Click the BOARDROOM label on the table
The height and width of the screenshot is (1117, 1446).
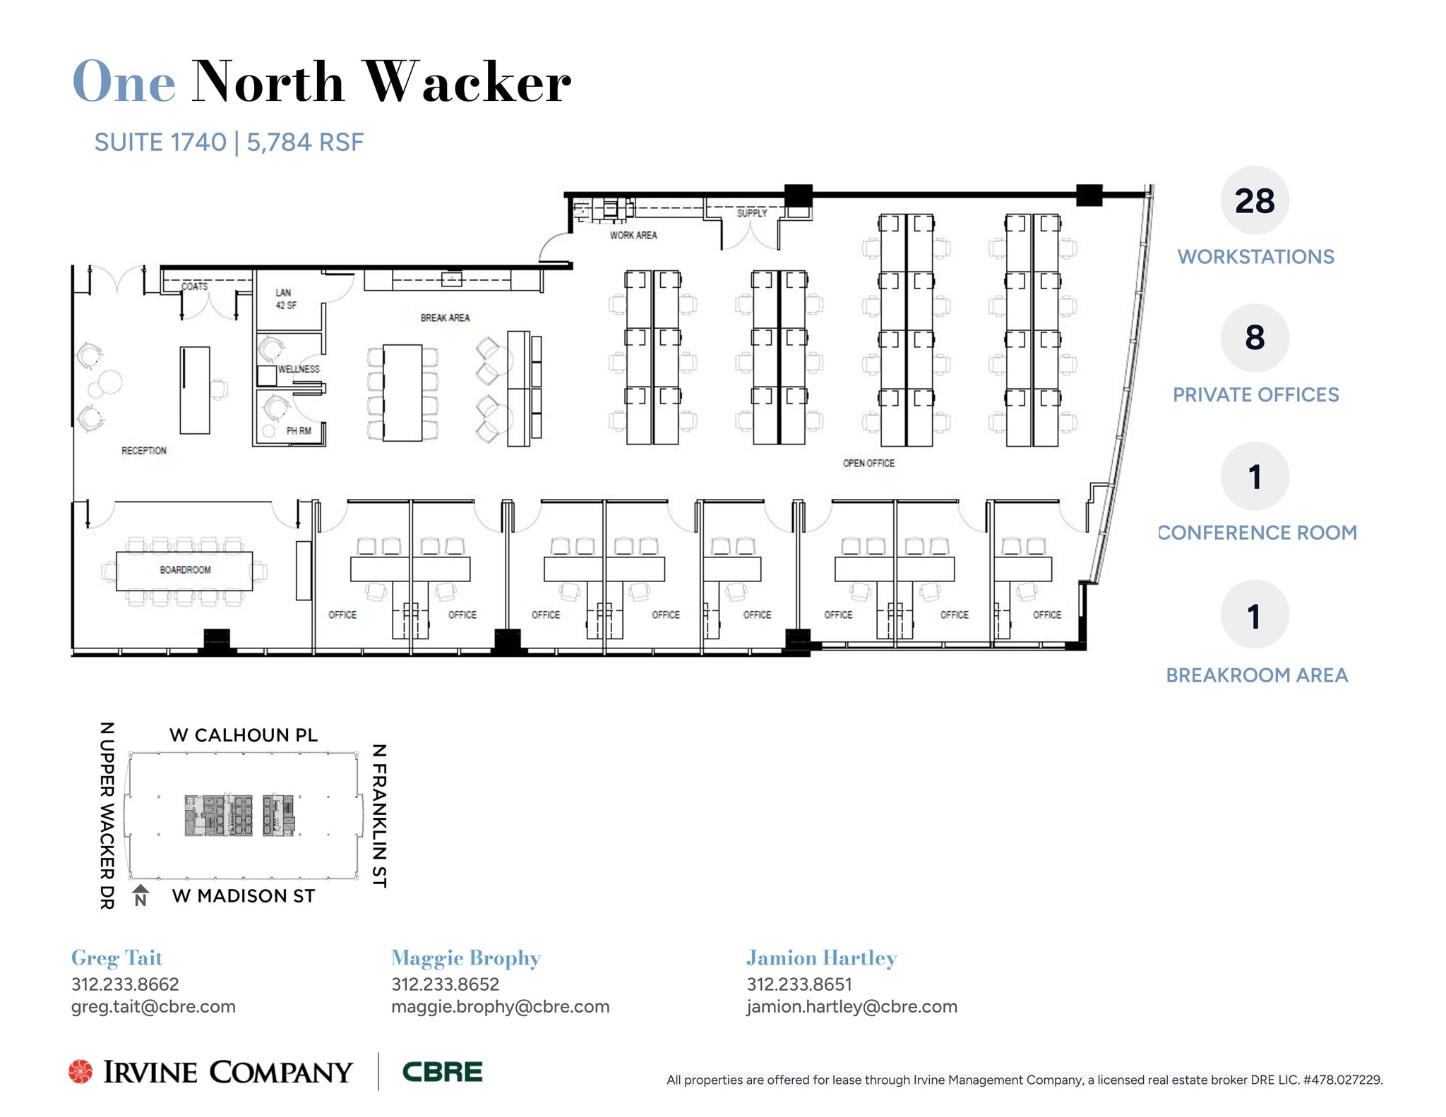coord(185,569)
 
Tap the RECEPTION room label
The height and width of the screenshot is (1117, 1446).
coord(144,450)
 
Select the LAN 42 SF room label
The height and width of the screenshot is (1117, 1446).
coord(285,298)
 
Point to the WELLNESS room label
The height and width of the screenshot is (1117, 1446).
coord(299,369)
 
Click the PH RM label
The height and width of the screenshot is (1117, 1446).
coord(299,430)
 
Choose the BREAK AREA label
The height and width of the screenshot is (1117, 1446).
coord(445,318)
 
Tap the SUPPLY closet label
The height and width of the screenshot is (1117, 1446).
coord(751,212)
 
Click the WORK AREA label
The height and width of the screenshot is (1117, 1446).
coord(633,235)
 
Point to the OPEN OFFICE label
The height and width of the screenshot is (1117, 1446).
coord(868,463)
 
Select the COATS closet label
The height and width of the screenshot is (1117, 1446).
coord(195,286)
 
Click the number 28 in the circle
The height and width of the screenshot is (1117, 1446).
coord(1255,201)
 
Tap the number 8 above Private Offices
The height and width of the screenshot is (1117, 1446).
coord(1255,338)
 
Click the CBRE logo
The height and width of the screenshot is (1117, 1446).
coord(442,1072)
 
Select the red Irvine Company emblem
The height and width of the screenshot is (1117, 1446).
coord(80,1071)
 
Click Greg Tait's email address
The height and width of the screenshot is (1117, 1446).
coord(153,1006)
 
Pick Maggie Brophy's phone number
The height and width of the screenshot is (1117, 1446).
coord(445,984)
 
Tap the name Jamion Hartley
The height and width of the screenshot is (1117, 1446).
coord(822,958)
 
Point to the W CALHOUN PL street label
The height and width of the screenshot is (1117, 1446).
coord(244,735)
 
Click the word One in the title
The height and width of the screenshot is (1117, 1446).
coord(124,82)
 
